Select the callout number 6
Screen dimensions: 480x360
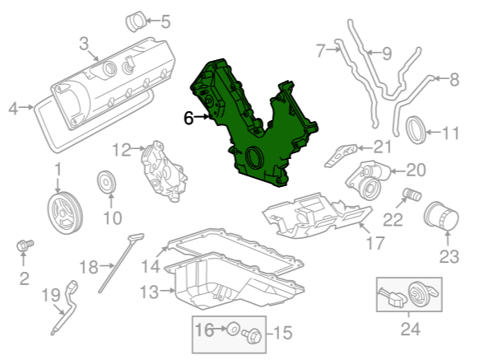coord(189,118)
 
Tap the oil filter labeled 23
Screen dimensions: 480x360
coord(441,216)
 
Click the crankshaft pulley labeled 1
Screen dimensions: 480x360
coord(65,213)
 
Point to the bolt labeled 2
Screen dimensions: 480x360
coord(25,245)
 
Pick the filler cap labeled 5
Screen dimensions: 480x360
coord(136,21)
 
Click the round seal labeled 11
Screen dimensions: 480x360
coord(416,130)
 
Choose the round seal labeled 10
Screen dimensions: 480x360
coord(106,182)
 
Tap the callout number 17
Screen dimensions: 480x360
coord(375,243)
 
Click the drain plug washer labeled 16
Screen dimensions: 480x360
coord(233,329)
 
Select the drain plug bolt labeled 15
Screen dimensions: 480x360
coord(252,335)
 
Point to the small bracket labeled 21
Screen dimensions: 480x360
coord(340,156)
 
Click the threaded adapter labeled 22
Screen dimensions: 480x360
coord(412,195)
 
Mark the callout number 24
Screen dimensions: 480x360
coord(411,329)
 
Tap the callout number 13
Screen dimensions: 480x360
coord(149,292)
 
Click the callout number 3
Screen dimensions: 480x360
coord(84,44)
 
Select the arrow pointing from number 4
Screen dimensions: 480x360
coord(26,107)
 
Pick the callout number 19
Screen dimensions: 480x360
coord(51,296)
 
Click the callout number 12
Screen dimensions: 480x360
coord(122,150)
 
